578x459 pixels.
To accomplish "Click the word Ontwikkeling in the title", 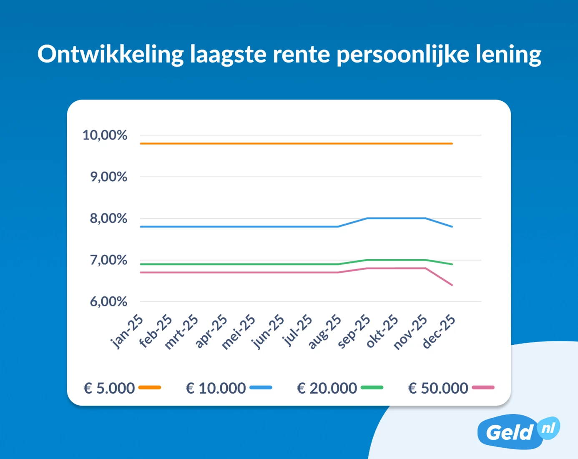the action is pos(111,55).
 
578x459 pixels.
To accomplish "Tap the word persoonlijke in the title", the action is pos(403,55).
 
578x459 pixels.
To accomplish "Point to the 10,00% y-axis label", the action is pos(105,135).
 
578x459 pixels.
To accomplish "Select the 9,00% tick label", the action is pos(108,177).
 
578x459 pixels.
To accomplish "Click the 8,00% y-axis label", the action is pos(108,218).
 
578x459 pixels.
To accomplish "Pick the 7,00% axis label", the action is pos(108,260).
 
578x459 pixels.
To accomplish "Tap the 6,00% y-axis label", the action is pos(108,302).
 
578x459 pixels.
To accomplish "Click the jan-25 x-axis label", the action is pos(127,332).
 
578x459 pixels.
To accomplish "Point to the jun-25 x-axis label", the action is pos(267,332).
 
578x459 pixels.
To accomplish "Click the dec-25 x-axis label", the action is pos(439,332).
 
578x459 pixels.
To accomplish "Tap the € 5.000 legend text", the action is pos(109,388).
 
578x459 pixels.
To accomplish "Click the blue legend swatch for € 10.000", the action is pos(261,388).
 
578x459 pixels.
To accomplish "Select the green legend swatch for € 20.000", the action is pos(372,388).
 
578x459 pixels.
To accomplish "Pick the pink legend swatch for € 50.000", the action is pos(483,388).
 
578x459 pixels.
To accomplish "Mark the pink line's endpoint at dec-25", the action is pos(452,285).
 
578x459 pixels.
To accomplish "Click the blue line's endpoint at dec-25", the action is pos(452,227).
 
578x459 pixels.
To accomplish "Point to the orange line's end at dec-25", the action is pos(452,144).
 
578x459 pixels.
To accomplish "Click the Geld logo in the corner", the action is pos(518,431).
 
